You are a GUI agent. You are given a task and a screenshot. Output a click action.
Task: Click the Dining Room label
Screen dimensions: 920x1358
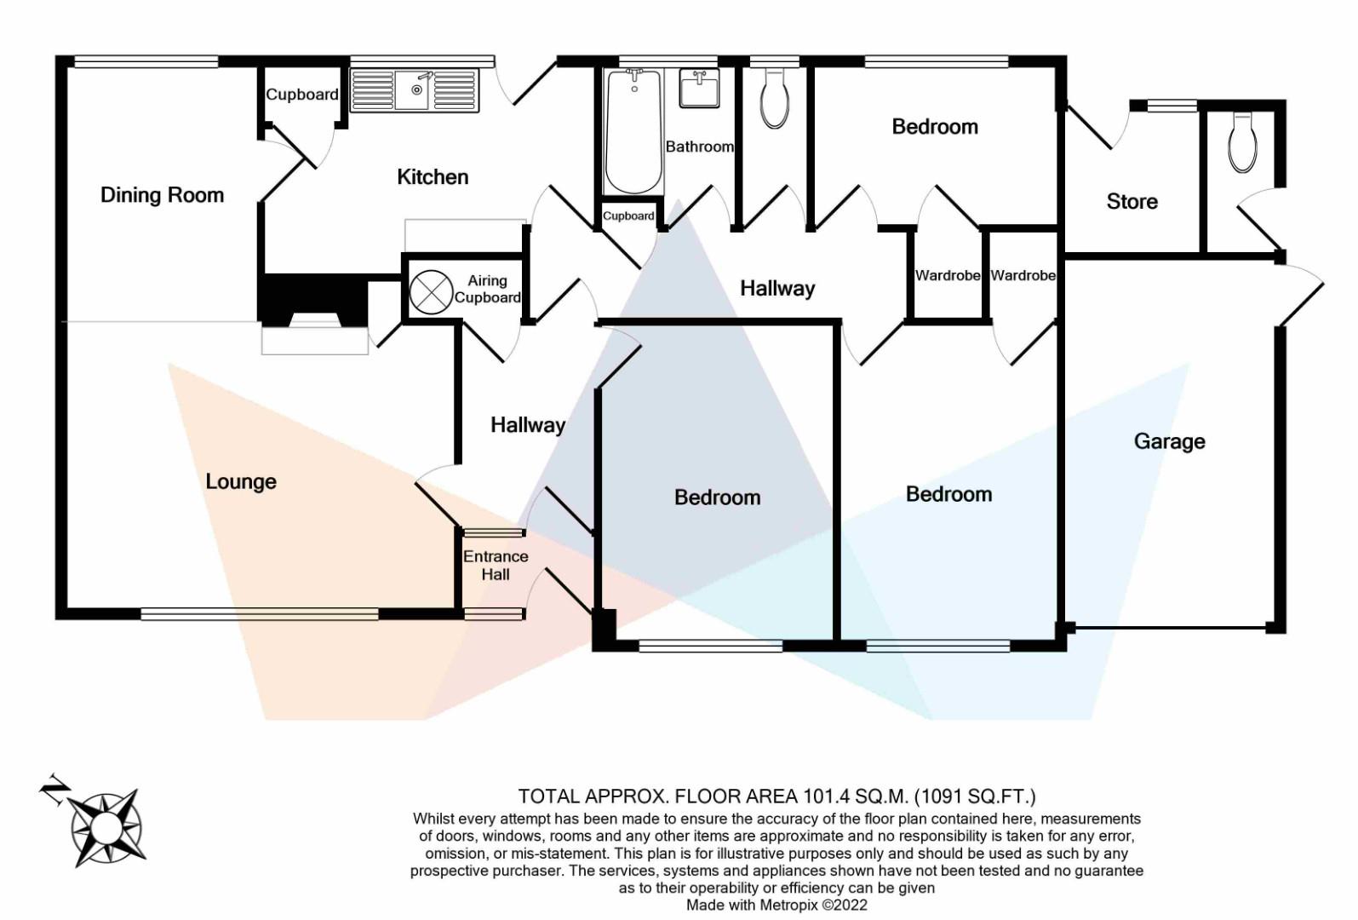point(162,195)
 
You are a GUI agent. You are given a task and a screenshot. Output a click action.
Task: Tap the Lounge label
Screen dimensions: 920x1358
point(241,481)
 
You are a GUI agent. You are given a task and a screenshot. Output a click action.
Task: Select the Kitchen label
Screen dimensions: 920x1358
point(433,177)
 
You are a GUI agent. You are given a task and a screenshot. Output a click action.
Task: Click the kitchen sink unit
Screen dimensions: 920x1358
point(415,90)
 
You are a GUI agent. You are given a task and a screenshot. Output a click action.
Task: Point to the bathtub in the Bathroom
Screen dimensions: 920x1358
point(633,132)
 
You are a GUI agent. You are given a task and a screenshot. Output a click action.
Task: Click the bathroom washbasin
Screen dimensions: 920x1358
point(699,88)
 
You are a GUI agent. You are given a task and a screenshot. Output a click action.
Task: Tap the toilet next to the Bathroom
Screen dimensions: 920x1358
point(774,99)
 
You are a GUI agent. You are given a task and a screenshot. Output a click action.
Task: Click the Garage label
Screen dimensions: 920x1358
point(1169,441)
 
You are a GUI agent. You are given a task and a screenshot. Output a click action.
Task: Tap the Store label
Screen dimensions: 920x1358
point(1132,202)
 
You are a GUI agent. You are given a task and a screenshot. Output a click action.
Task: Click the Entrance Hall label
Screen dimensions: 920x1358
point(496,565)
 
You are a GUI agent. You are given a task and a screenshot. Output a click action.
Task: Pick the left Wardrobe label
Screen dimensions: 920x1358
point(947,275)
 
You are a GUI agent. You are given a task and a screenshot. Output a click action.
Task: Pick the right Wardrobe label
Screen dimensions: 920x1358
point(1023,275)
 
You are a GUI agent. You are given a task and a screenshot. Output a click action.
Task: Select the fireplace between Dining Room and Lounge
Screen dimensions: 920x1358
point(313,314)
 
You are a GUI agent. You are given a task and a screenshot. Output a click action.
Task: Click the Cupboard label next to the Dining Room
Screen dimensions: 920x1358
point(301,95)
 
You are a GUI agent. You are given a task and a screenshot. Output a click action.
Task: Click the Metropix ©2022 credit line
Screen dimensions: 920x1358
point(776,905)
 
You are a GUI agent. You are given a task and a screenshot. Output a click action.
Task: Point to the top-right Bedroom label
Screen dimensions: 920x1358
point(934,127)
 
